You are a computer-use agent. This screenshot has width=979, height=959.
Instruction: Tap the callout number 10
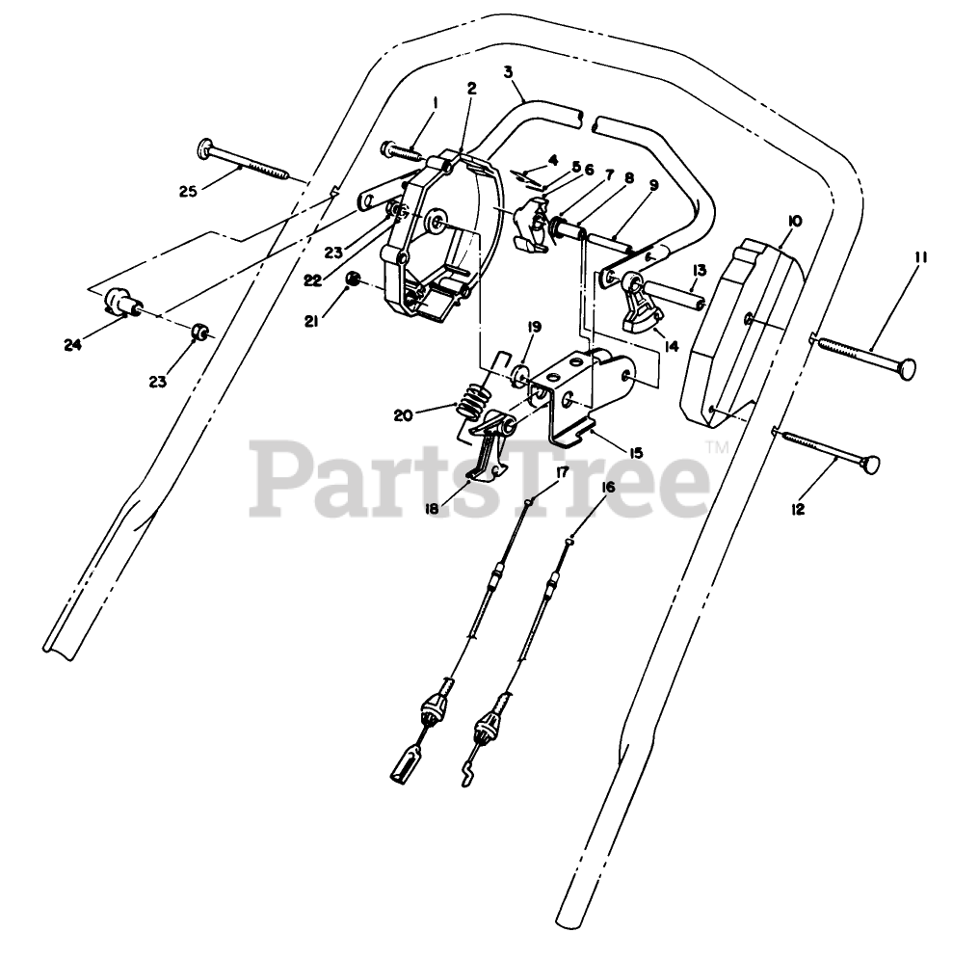(795, 221)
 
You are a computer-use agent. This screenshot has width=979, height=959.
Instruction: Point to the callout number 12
(798, 509)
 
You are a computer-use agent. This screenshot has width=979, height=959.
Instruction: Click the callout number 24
(72, 343)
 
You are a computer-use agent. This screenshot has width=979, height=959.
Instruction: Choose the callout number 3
(507, 71)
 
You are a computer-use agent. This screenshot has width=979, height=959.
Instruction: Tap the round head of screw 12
(870, 466)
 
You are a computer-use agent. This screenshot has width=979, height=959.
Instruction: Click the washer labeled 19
(521, 375)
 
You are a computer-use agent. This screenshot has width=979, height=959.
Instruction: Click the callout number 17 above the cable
(562, 471)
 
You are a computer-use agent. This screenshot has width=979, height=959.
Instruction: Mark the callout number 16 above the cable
(608, 488)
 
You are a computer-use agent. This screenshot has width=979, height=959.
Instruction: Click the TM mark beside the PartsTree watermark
(716, 447)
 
